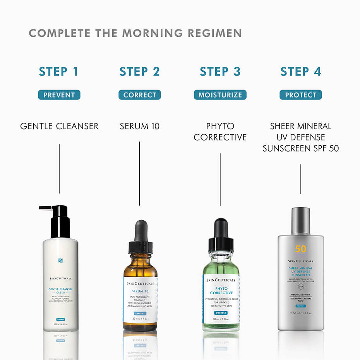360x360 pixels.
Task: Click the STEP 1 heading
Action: (59, 72)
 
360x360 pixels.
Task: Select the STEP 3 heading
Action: (220, 72)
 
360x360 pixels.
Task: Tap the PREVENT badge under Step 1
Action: (59, 95)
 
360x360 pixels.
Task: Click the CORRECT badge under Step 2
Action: (139, 95)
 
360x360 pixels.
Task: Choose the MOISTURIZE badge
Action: (220, 95)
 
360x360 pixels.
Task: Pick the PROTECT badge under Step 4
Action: (300, 95)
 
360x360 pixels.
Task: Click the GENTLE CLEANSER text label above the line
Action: (59, 126)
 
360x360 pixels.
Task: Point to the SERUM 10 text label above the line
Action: (139, 126)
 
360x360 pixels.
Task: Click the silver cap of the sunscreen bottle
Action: (300, 219)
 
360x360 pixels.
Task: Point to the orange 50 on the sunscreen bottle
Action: (300, 249)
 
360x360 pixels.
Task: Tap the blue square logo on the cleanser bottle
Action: (60, 261)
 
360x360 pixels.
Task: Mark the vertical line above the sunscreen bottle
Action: (301, 179)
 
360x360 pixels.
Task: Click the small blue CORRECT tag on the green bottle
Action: (221, 312)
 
